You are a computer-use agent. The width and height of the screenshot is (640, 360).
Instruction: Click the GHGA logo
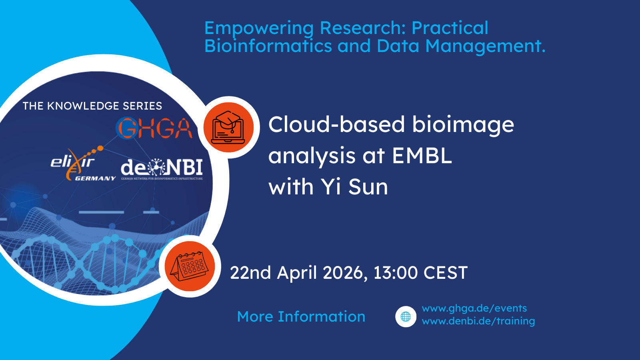tap(154, 128)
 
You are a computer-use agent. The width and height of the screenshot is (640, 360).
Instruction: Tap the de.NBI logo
tap(162, 168)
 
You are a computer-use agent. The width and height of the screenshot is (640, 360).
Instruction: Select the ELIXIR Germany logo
tap(82, 164)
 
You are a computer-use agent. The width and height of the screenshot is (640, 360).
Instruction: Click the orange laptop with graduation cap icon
tap(228, 127)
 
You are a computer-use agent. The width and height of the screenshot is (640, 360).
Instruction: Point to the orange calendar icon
tap(190, 266)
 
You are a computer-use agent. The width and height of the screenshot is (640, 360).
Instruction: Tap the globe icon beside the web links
tap(406, 316)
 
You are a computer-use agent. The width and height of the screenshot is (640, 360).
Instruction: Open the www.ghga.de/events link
tap(474, 308)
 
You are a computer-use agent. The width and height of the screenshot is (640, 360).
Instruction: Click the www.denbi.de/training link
tap(478, 321)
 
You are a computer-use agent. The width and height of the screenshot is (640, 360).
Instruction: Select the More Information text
tap(301, 316)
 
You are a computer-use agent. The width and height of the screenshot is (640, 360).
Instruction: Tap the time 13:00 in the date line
tap(395, 273)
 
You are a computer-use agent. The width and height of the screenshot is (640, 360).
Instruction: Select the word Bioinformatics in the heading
tap(268, 46)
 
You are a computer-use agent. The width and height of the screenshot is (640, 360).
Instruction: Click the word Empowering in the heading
tap(259, 28)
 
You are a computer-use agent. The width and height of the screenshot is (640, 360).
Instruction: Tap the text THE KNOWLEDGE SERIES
tap(92, 106)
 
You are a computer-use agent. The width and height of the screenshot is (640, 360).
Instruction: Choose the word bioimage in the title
tap(463, 125)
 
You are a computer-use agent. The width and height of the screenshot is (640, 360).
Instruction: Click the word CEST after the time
tap(445, 273)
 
